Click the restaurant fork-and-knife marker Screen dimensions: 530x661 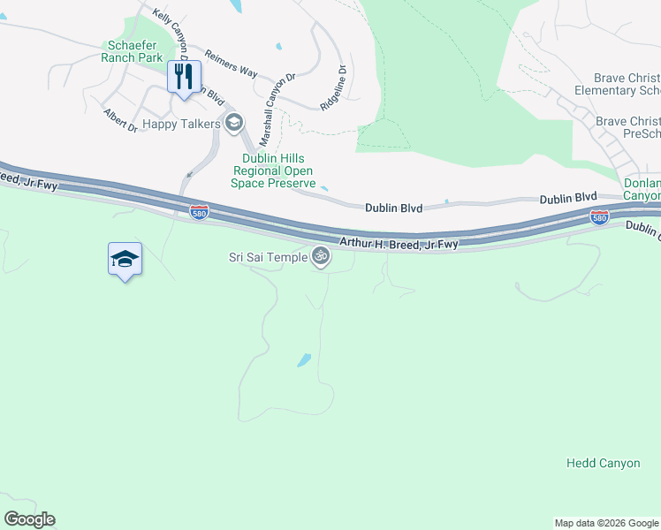pyautogui.click(x=184, y=76)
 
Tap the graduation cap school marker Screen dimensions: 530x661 pyautogui.click(x=125, y=258)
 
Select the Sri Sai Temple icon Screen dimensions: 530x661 pyautogui.click(x=322, y=257)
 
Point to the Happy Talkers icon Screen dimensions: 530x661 pyautogui.click(x=234, y=123)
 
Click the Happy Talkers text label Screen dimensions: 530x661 pyautogui.click(x=181, y=124)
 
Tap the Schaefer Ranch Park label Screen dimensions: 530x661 pyautogui.click(x=135, y=51)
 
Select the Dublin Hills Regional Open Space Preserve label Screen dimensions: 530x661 pyautogui.click(x=273, y=170)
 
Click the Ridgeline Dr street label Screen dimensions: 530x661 pyautogui.click(x=333, y=86)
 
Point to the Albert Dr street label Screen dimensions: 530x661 pyautogui.click(x=120, y=121)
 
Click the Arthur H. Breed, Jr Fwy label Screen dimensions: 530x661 pyautogui.click(x=399, y=243)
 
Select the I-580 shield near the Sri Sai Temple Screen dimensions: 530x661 pyautogui.click(x=199, y=211)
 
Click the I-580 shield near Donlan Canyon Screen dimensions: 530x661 pyautogui.click(x=599, y=216)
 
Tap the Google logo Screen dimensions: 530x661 pyautogui.click(x=29, y=519)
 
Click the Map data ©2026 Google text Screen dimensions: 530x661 pyautogui.click(x=605, y=523)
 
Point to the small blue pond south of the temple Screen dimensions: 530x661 pyautogui.click(x=304, y=360)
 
